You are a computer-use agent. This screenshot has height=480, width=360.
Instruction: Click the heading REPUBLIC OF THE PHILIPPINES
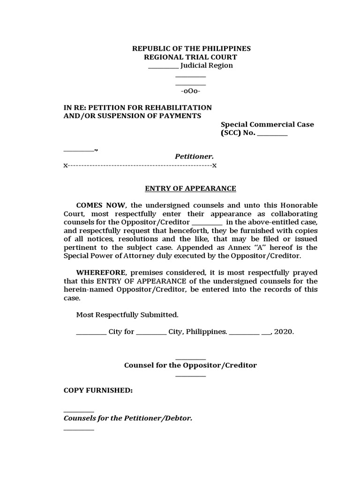[x=191, y=49]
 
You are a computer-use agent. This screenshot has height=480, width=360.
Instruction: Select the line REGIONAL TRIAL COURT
[x=191, y=57]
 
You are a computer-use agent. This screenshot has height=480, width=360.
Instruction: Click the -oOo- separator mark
[x=191, y=90]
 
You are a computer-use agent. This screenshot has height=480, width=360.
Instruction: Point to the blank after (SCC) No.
[x=272, y=133]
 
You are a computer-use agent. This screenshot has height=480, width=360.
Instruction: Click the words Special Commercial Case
[x=267, y=124]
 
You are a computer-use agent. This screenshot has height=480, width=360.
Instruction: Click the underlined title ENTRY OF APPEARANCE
[x=190, y=188]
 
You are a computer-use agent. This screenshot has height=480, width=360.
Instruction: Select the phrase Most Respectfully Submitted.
[x=127, y=315]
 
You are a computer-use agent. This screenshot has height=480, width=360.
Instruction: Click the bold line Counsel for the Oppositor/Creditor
[x=190, y=365]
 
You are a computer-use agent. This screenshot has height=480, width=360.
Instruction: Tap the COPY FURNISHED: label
[x=98, y=390]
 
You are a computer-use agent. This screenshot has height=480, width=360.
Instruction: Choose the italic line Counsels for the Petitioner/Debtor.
[x=128, y=418]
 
